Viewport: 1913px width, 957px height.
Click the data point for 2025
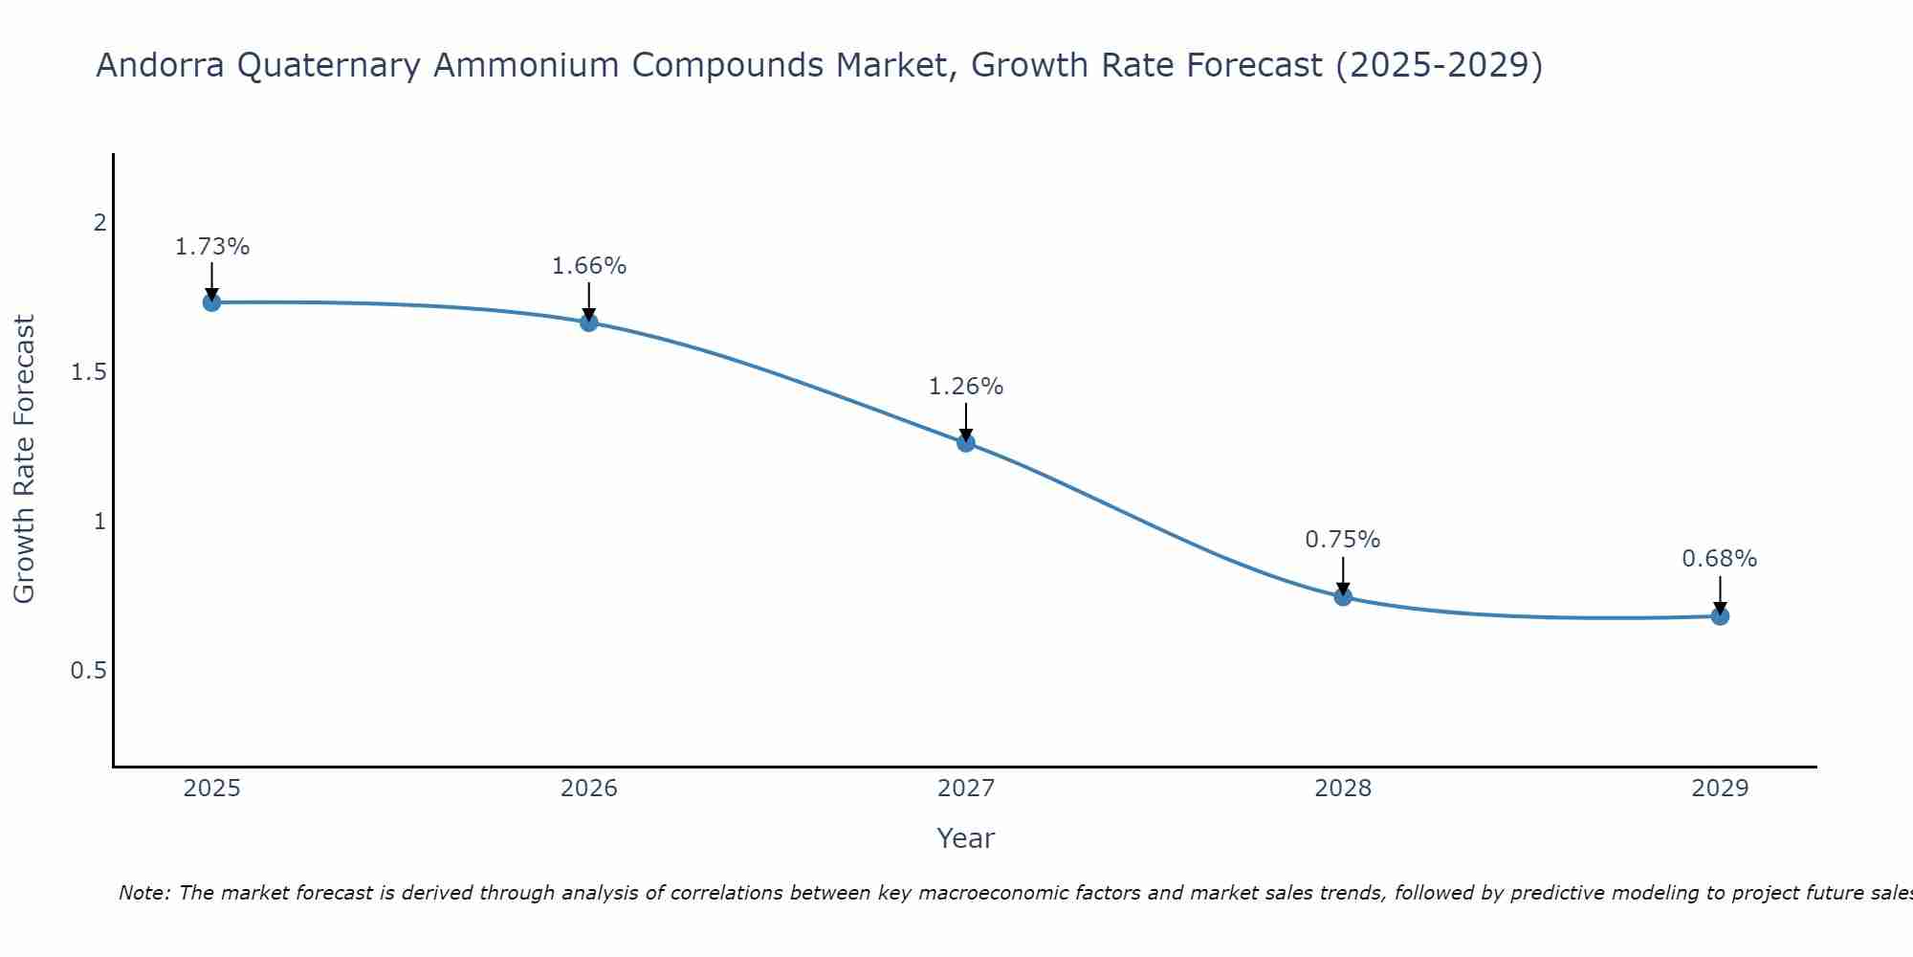click(211, 302)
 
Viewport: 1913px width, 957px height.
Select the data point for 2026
click(589, 323)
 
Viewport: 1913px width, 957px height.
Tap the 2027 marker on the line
click(966, 442)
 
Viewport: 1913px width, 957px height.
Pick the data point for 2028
click(1343, 596)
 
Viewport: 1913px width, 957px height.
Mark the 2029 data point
click(1720, 615)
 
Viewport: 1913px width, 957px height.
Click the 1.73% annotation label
click(211, 247)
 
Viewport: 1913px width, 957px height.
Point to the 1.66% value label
click(589, 266)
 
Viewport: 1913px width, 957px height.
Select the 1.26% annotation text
click(966, 387)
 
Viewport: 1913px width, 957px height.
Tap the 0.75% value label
click(1343, 540)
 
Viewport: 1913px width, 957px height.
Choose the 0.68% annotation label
click(1720, 559)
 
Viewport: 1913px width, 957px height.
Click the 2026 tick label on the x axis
click(589, 789)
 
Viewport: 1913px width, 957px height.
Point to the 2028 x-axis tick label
click(1343, 789)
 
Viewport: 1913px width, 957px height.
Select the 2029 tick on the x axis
click(1720, 789)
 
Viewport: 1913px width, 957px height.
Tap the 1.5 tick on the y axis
click(89, 372)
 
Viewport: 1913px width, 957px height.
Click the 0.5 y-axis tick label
click(89, 671)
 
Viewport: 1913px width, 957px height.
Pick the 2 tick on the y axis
click(99, 223)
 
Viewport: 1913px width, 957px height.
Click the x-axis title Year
click(966, 838)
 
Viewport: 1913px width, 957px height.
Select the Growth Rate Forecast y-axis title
click(25, 459)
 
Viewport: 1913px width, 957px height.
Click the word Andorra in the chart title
click(162, 65)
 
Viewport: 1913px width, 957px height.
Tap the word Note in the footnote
click(143, 893)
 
